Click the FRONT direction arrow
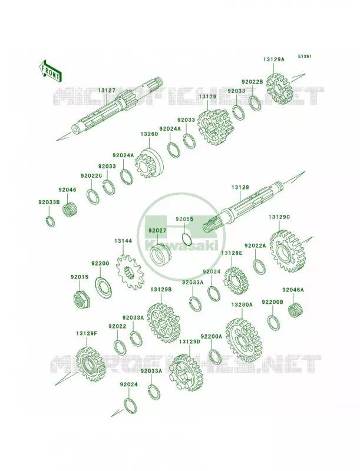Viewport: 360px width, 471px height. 50,71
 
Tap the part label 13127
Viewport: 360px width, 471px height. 107,90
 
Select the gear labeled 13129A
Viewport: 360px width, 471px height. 280,88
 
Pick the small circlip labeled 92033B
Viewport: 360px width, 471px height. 51,221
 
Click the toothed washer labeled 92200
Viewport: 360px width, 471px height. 104,288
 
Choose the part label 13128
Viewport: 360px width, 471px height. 240,187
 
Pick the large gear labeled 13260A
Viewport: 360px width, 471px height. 244,340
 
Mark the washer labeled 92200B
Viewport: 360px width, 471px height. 274,323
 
